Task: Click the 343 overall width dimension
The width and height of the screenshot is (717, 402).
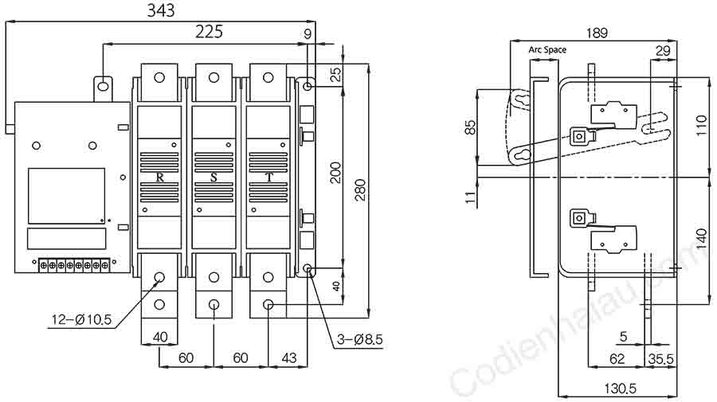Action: [x=160, y=10]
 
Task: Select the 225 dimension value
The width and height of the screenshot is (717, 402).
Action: [x=209, y=32]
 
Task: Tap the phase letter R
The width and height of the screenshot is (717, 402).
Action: [x=159, y=178]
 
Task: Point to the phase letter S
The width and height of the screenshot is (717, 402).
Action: [x=214, y=178]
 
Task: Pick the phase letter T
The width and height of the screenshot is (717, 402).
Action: [x=269, y=178]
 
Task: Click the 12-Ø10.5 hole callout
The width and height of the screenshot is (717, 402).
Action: [x=81, y=319]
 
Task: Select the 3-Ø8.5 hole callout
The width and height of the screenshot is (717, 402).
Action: [x=360, y=339]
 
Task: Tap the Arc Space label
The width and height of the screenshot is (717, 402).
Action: [x=547, y=49]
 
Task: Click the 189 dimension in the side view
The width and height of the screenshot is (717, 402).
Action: [x=597, y=33]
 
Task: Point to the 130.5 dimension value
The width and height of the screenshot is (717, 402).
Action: [x=620, y=388]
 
